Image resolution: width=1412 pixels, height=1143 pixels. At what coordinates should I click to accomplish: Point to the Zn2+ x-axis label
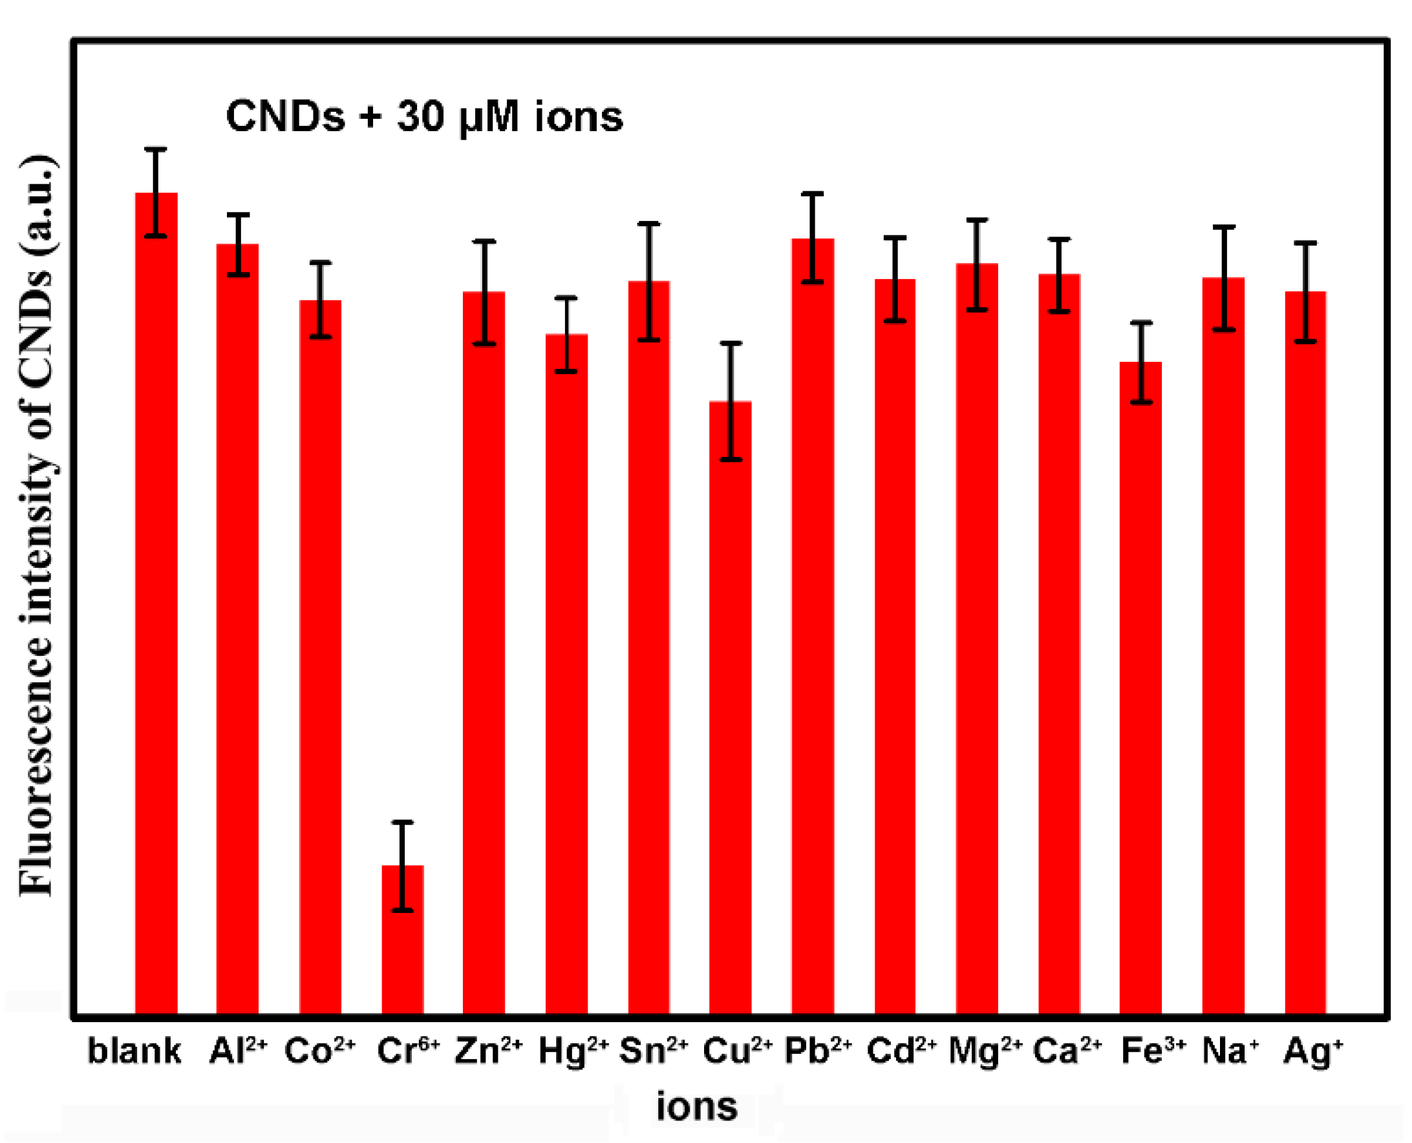click(x=488, y=1050)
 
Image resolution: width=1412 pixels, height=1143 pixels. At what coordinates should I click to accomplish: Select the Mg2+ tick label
click(x=985, y=1051)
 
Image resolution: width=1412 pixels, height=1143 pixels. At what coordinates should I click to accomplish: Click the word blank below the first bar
click(x=134, y=1050)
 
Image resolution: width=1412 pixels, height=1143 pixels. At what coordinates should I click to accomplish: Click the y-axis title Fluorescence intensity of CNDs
click(x=37, y=527)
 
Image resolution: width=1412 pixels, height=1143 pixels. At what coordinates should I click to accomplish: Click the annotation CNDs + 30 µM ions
click(x=423, y=117)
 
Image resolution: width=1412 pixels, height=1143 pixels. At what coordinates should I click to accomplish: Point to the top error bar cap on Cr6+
click(x=403, y=822)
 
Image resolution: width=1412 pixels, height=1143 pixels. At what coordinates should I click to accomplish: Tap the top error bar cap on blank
click(x=156, y=149)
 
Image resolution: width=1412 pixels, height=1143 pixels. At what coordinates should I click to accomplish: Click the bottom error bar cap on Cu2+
click(x=730, y=459)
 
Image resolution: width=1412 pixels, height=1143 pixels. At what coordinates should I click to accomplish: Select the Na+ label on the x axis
click(x=1230, y=1050)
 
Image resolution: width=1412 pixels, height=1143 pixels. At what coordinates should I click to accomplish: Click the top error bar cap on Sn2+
click(x=649, y=224)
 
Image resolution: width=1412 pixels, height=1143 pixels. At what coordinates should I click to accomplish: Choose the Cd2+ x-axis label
click(x=901, y=1050)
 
